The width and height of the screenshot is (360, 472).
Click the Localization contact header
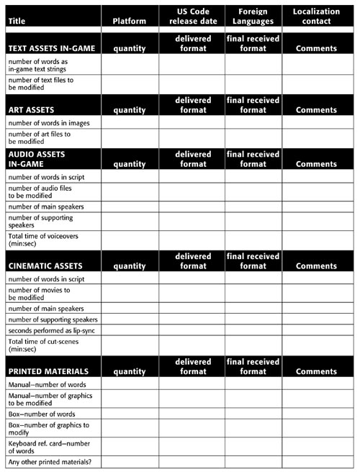(x=316, y=17)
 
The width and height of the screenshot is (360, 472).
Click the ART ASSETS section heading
(x=33, y=110)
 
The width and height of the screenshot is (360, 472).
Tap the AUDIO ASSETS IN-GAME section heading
(x=37, y=159)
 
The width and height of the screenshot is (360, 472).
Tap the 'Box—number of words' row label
(x=41, y=414)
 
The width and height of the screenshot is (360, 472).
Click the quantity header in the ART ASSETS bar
(x=130, y=110)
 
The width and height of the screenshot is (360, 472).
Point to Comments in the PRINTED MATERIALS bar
(x=316, y=371)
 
